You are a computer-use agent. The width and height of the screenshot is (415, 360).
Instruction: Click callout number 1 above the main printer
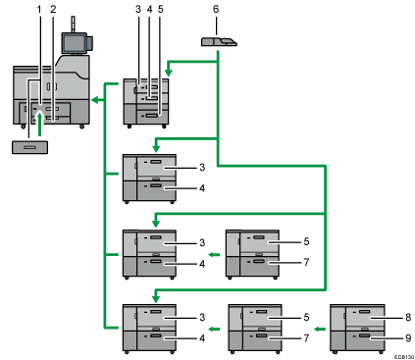(39, 9)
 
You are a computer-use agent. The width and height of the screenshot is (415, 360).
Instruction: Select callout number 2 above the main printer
(53, 9)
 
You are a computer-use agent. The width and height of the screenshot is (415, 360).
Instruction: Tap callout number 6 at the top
(216, 9)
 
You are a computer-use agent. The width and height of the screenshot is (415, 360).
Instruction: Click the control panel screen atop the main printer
(73, 41)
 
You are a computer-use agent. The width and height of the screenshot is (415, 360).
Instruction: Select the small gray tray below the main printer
(29, 147)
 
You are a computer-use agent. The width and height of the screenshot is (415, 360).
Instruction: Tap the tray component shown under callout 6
(217, 42)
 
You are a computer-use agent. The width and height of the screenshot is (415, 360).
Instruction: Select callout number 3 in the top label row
(138, 9)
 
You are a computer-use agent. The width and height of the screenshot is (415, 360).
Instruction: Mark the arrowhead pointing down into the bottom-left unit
(153, 299)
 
